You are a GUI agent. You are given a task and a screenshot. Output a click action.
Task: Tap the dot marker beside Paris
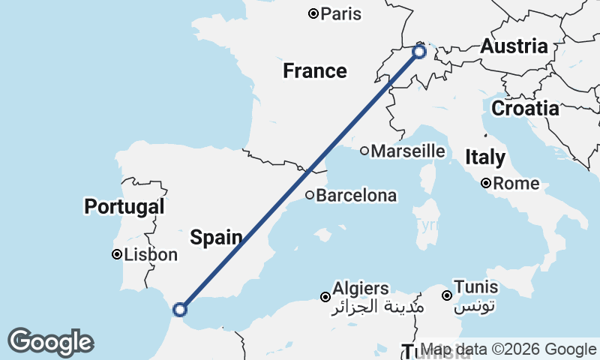(313, 13)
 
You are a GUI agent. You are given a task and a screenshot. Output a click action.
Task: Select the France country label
(314, 71)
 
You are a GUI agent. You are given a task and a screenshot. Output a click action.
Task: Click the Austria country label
(514, 46)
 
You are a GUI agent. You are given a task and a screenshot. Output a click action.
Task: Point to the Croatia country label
(525, 109)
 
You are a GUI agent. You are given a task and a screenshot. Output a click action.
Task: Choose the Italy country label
(484, 157)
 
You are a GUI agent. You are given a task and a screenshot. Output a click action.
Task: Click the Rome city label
(518, 183)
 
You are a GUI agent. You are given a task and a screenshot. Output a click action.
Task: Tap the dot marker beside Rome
(486, 183)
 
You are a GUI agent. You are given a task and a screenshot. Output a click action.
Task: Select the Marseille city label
(408, 151)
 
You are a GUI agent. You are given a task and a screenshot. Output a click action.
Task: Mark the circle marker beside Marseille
(364, 151)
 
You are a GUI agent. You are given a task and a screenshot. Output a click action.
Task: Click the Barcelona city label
(356, 196)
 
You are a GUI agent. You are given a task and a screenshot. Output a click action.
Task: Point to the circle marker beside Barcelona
(309, 195)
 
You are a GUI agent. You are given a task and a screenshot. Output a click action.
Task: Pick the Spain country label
(216, 238)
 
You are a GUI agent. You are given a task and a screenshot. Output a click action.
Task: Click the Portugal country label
(124, 206)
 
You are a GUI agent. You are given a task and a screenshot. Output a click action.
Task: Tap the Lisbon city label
(151, 255)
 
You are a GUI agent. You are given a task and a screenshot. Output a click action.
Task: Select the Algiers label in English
(361, 289)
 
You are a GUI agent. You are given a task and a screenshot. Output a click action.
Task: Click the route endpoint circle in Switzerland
(419, 52)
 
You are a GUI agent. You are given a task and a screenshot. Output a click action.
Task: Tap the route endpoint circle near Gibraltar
(180, 309)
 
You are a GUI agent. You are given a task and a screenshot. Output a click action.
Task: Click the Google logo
(50, 342)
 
